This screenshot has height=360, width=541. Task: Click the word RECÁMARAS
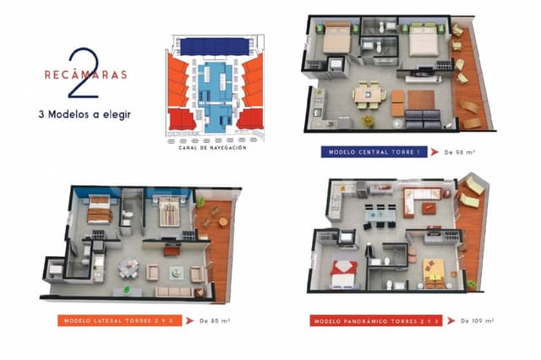tap(75, 74)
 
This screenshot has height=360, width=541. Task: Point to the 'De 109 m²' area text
tap(476, 321)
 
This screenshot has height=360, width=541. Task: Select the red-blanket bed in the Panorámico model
tap(346, 271)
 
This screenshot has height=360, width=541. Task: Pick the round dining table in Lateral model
tap(128, 267)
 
